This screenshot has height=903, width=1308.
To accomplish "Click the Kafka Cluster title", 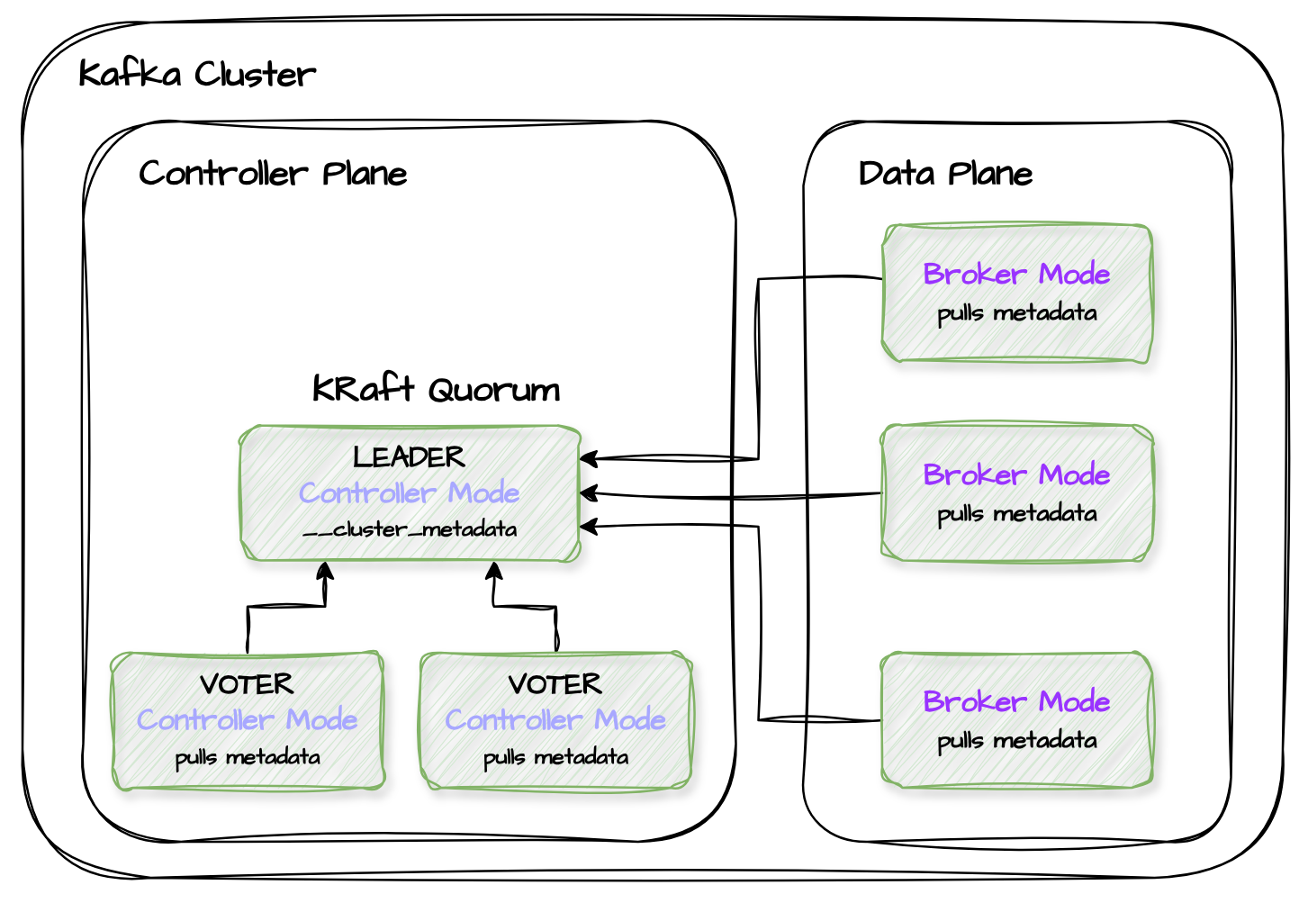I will pyautogui.click(x=197, y=74).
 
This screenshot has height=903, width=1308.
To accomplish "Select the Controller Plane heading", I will pyautogui.click(x=273, y=173).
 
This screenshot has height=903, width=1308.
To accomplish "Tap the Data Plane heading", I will pyautogui.click(x=945, y=173).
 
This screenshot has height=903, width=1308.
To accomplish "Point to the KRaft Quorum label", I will pyautogui.click(x=436, y=389).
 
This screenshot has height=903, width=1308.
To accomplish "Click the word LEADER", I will pyautogui.click(x=410, y=457).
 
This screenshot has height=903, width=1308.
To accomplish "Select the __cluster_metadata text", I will pyautogui.click(x=410, y=529).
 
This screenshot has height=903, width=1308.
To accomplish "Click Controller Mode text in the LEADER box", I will pyautogui.click(x=410, y=493).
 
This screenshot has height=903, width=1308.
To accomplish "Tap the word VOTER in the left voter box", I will pyautogui.click(x=247, y=684).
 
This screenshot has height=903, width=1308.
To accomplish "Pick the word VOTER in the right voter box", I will pyautogui.click(x=555, y=684).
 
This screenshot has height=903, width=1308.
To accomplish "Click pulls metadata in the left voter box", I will pyautogui.click(x=248, y=757).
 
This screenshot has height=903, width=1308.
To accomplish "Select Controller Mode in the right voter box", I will pyautogui.click(x=555, y=720).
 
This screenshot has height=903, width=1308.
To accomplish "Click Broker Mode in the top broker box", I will pyautogui.click(x=1016, y=274).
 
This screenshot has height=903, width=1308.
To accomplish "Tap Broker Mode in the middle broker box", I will pyautogui.click(x=1016, y=474).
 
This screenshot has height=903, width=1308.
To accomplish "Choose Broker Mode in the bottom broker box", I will pyautogui.click(x=1016, y=701).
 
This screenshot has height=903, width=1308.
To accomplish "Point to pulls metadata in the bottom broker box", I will pyautogui.click(x=1017, y=741).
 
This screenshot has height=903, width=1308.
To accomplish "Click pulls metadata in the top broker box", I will pyautogui.click(x=1017, y=313).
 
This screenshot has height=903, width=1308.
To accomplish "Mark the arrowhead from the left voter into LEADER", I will pyautogui.click(x=325, y=570).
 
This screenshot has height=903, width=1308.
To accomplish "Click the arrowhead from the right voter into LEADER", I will pyautogui.click(x=494, y=570).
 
